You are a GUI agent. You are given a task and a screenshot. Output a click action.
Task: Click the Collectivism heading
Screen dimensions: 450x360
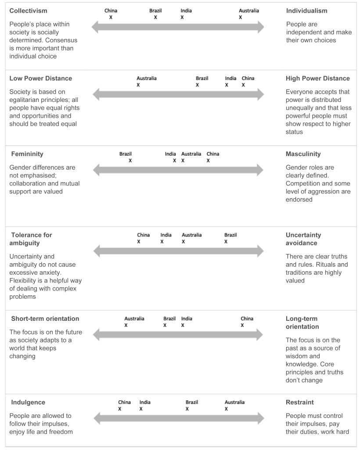point(28,11)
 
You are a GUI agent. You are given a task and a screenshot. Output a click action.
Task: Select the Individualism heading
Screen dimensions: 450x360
point(306,11)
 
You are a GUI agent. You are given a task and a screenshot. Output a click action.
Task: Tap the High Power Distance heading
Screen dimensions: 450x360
point(317,78)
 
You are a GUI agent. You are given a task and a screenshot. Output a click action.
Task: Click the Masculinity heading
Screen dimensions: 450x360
point(303,154)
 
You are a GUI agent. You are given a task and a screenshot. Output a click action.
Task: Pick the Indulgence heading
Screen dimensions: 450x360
point(27,402)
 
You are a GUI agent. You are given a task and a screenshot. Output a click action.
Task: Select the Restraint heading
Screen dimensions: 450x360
point(299,402)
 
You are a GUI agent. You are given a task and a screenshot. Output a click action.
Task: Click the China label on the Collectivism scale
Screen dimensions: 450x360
point(111,11)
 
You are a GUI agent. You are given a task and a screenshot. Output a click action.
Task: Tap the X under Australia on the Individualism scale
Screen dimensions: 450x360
point(240,17)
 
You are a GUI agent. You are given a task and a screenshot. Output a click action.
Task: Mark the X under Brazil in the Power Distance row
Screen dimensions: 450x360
point(197,85)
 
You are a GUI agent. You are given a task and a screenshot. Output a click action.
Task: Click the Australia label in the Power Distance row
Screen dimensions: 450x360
point(146,78)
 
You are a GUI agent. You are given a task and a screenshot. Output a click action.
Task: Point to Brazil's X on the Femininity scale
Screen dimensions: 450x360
point(130,160)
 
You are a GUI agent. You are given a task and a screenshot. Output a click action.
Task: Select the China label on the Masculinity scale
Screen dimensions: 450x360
point(212,154)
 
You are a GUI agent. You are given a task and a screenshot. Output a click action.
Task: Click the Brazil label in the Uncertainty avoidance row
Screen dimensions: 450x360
point(230,235)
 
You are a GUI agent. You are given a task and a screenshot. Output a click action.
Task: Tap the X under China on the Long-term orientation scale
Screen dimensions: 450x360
point(242,325)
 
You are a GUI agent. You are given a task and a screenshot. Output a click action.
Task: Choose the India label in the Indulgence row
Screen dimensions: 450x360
point(145,402)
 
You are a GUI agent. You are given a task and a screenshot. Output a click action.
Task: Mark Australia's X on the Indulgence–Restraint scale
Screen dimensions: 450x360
point(226,409)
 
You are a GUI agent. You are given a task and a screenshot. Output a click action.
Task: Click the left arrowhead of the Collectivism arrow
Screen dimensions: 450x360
point(95,27)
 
